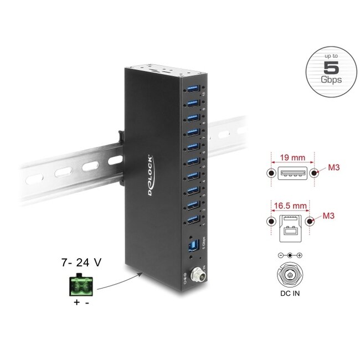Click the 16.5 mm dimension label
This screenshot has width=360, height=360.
(x=291, y=205)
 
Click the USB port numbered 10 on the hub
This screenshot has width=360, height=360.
(x=193, y=89)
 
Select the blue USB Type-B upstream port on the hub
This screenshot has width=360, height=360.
(x=193, y=245)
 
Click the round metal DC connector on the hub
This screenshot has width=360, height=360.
(x=194, y=274)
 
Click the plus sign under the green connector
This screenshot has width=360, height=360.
(x=75, y=302)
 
